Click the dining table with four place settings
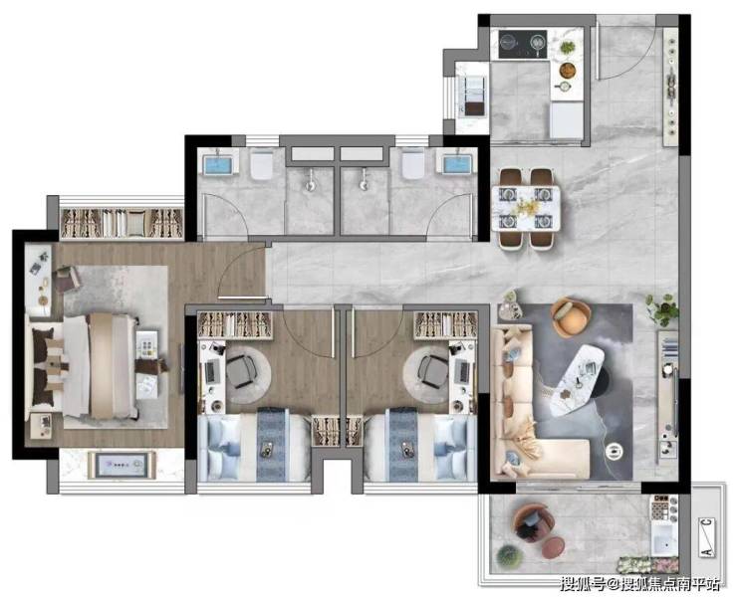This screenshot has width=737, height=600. click(526, 208)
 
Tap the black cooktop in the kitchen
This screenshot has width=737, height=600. click(523, 44)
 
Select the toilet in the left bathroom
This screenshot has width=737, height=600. click(261, 164)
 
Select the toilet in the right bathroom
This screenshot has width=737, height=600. click(413, 164)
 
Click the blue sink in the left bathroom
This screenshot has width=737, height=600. click(218, 164)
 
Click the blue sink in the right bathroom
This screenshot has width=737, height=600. click(457, 164)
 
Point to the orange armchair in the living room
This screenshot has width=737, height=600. click(571, 316)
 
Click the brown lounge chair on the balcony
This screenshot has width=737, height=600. click(532, 522)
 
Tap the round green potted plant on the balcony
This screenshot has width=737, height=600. click(510, 556)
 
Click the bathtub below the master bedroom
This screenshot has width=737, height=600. click(122, 465)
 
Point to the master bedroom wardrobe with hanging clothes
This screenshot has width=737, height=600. click(122, 223)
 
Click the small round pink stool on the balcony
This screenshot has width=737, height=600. click(553, 548)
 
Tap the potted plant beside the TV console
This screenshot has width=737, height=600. click(663, 309)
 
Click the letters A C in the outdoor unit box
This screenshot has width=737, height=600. click(706, 537)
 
